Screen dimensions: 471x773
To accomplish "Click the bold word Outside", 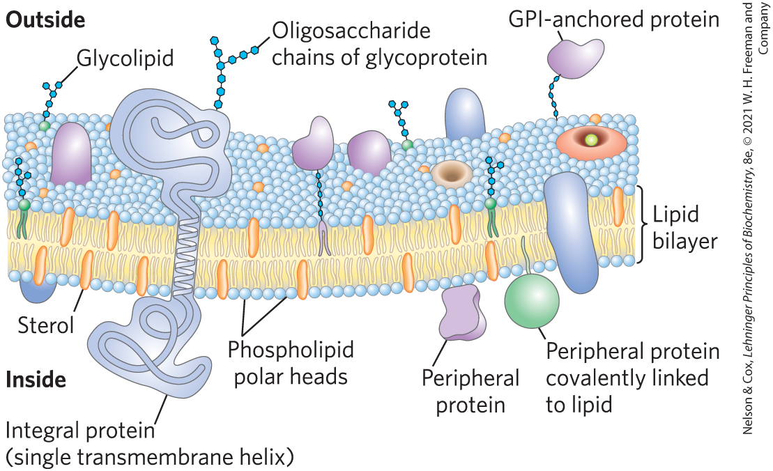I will [45, 20].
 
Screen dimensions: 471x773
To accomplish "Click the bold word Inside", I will [36, 380].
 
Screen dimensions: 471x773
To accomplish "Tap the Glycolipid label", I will [125, 58].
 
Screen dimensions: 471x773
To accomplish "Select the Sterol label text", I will [46, 325].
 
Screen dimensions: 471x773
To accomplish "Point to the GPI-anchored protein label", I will [614, 19].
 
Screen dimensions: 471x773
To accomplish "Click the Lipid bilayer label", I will [685, 227].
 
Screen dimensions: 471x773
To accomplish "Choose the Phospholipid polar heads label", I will [291, 362].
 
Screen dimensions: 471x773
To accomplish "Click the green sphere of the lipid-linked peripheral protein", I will [533, 300].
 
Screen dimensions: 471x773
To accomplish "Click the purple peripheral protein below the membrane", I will [461, 311].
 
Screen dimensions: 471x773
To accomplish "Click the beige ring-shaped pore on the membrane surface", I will [452, 171].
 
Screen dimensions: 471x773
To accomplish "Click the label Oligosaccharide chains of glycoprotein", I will [379, 44].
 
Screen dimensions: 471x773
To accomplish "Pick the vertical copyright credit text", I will [755, 216].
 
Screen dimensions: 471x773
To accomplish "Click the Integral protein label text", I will [79, 431].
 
